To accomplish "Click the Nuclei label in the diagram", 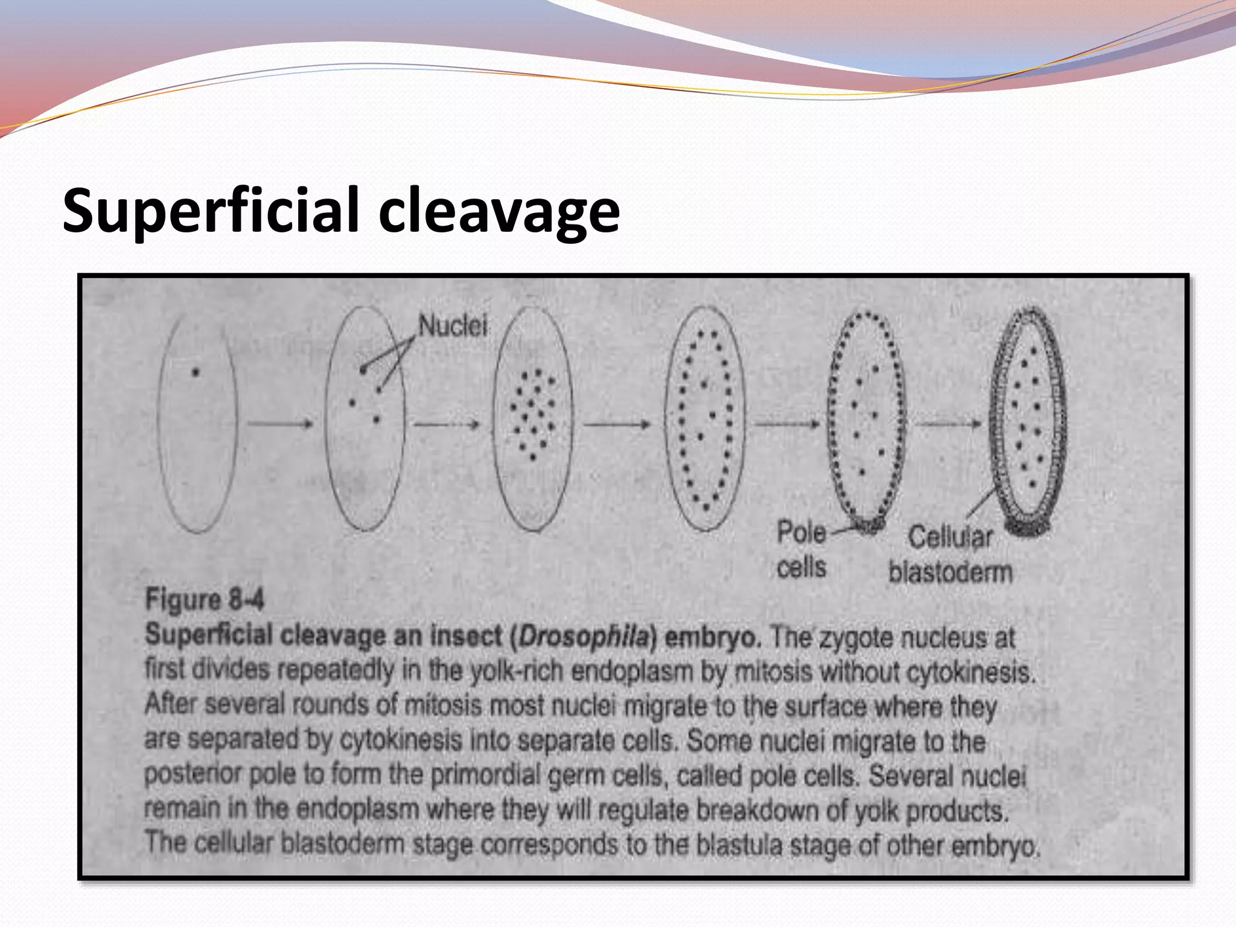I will (453, 327).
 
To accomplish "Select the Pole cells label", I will (801, 550).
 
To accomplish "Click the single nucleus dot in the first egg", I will (195, 372).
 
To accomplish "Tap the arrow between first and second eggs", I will (280, 424).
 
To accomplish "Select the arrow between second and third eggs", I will (447, 424).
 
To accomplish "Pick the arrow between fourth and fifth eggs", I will (786, 424).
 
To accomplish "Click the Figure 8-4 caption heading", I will (205, 600).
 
